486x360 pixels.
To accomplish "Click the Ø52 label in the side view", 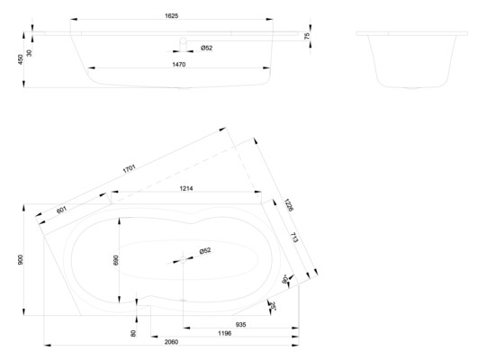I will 205,47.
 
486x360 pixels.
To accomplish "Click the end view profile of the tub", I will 411,63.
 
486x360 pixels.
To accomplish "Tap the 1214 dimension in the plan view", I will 187,190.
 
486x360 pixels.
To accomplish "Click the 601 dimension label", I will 61,210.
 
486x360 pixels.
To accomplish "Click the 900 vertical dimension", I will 19,259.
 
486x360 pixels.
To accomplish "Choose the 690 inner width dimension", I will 114,259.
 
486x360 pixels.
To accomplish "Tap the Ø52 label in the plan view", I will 205,251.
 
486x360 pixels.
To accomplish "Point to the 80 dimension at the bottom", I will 133,334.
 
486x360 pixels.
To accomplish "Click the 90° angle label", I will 285,279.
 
